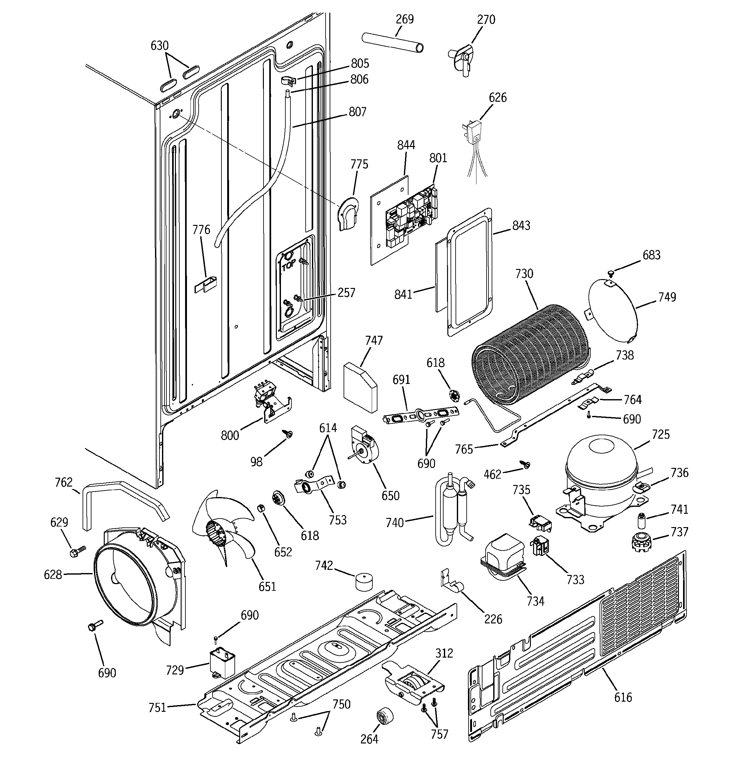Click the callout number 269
(404, 19)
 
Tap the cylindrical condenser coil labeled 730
(530, 355)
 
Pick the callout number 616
(623, 698)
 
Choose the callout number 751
(157, 708)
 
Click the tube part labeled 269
(392, 42)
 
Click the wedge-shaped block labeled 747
(360, 386)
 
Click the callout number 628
(53, 575)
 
